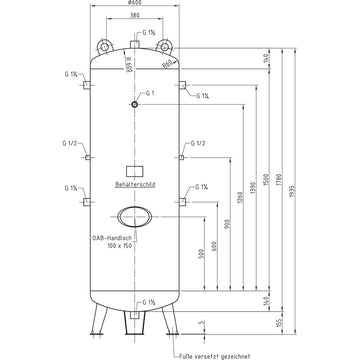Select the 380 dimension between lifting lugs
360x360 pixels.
[135, 29]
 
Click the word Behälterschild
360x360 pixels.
[135, 186]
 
